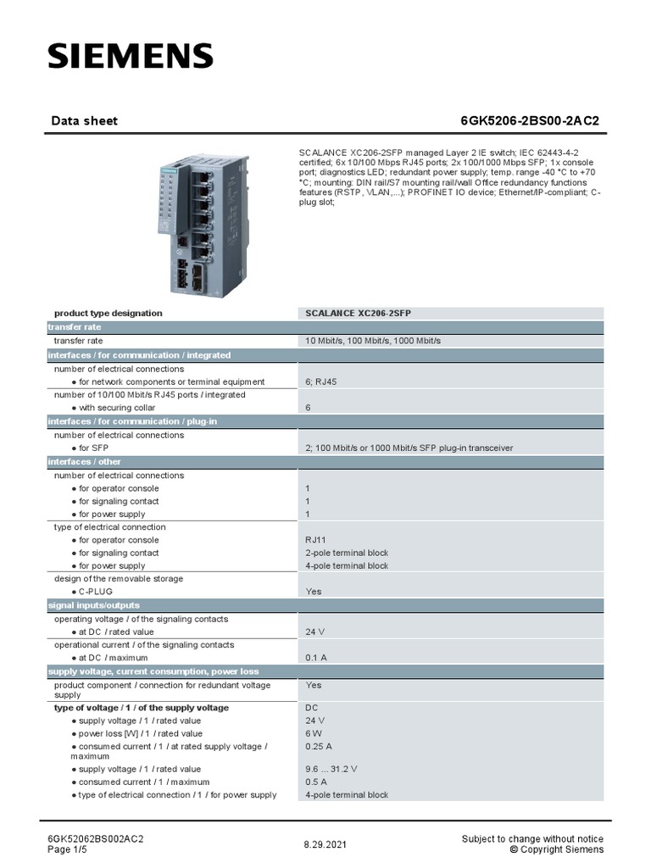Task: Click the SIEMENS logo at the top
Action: [x=130, y=57]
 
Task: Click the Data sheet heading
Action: [x=85, y=121]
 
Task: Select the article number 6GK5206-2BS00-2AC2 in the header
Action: [x=529, y=121]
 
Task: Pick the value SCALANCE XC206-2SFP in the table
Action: [x=359, y=314]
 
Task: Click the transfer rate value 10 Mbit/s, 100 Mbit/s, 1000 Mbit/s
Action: [x=373, y=341]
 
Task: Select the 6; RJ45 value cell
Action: [x=321, y=382]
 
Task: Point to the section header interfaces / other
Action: [x=85, y=462]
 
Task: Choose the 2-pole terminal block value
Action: [x=347, y=553]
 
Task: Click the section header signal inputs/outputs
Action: [x=94, y=606]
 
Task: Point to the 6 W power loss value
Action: [x=313, y=733]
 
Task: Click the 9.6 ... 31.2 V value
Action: [x=331, y=769]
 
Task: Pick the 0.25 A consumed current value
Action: [x=319, y=747]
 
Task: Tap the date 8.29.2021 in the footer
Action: [x=325, y=845]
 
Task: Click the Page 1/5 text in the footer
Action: [x=69, y=849]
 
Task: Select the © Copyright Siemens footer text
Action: [x=557, y=849]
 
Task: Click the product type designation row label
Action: [x=108, y=314]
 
